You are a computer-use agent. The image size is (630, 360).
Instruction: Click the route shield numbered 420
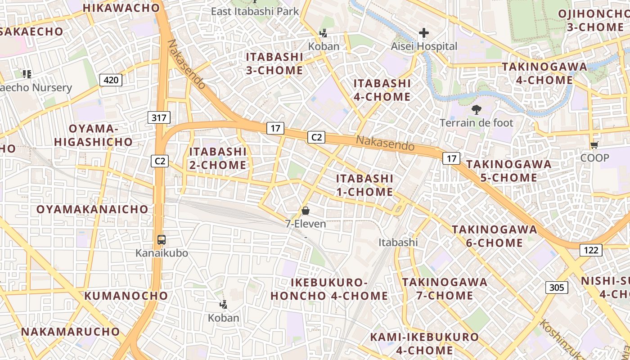click(111, 81)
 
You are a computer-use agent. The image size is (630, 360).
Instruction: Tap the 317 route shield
click(159, 118)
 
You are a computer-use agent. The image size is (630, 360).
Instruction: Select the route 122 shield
click(591, 250)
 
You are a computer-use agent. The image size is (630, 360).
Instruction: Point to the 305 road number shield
click(557, 287)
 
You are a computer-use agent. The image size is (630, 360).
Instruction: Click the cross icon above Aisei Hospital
click(423, 33)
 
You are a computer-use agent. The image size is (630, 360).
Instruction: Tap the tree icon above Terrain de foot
click(476, 109)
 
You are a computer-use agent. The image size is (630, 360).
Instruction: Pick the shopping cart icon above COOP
click(594, 145)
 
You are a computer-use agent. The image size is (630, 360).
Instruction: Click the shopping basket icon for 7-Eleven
click(306, 211)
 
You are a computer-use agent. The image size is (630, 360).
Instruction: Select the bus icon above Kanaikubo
click(162, 240)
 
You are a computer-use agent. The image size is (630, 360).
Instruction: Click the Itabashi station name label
click(398, 243)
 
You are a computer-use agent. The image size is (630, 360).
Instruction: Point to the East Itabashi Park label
click(255, 11)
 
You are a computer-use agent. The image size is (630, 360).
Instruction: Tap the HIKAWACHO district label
click(121, 8)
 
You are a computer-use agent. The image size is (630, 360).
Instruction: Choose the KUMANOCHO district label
click(126, 296)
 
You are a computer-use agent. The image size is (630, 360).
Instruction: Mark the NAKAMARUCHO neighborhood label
click(71, 332)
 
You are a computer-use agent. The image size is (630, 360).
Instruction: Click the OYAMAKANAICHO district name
click(92, 209)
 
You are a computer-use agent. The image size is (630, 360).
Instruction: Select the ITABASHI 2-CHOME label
click(218, 158)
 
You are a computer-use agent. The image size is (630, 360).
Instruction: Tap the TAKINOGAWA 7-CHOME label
click(444, 289)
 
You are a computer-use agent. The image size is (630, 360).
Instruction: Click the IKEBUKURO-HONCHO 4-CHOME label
click(329, 289)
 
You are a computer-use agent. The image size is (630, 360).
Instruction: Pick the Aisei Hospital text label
click(423, 46)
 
